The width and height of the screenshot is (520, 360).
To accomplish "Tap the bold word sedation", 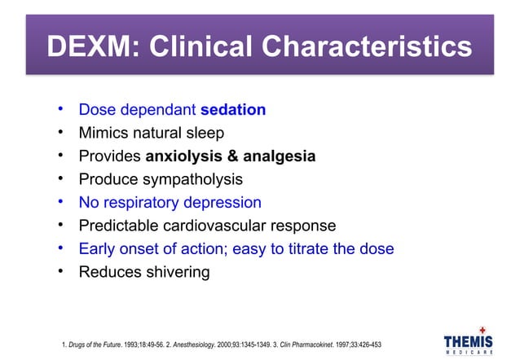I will tap(232, 109).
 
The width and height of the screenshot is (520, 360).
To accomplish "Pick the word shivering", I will tap(174, 272).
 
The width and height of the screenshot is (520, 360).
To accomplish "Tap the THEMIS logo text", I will tap(468, 341).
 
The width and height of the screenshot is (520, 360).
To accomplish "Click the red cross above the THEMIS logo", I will tap(482, 328).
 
